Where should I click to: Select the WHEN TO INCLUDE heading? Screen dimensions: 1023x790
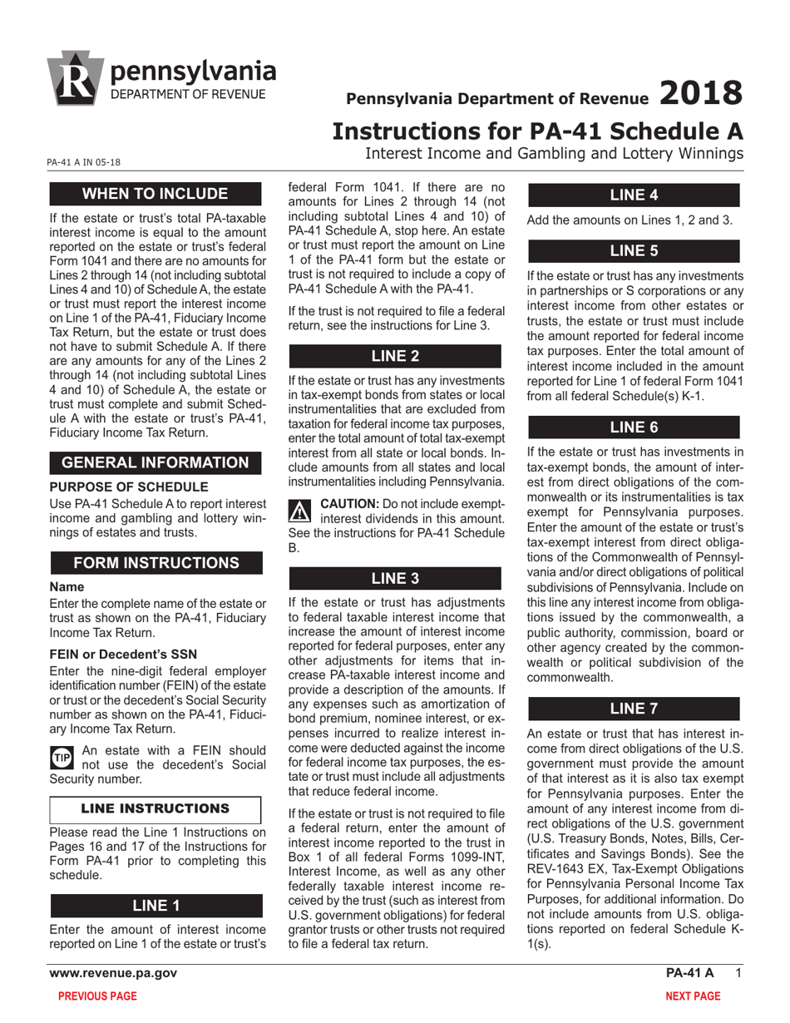pyautogui.click(x=156, y=195)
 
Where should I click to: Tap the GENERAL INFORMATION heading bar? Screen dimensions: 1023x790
pyautogui.click(x=156, y=462)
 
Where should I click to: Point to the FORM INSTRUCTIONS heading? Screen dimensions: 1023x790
pyautogui.click(x=156, y=563)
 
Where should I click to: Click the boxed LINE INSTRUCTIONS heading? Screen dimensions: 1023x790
pyautogui.click(x=156, y=808)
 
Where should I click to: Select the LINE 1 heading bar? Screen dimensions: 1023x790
pyautogui.click(x=156, y=905)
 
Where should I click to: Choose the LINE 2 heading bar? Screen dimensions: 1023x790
pyautogui.click(x=394, y=356)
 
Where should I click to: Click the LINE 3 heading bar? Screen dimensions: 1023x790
pyautogui.click(x=394, y=578)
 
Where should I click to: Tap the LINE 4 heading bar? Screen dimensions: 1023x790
pyautogui.click(x=634, y=195)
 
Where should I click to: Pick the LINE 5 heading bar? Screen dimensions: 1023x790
pyautogui.click(x=634, y=250)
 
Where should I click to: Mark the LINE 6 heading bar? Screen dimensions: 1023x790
pyautogui.click(x=634, y=427)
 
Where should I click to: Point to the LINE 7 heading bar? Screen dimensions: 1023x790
pyautogui.click(x=634, y=709)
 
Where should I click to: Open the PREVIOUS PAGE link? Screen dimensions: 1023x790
pyautogui.click(x=93, y=996)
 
